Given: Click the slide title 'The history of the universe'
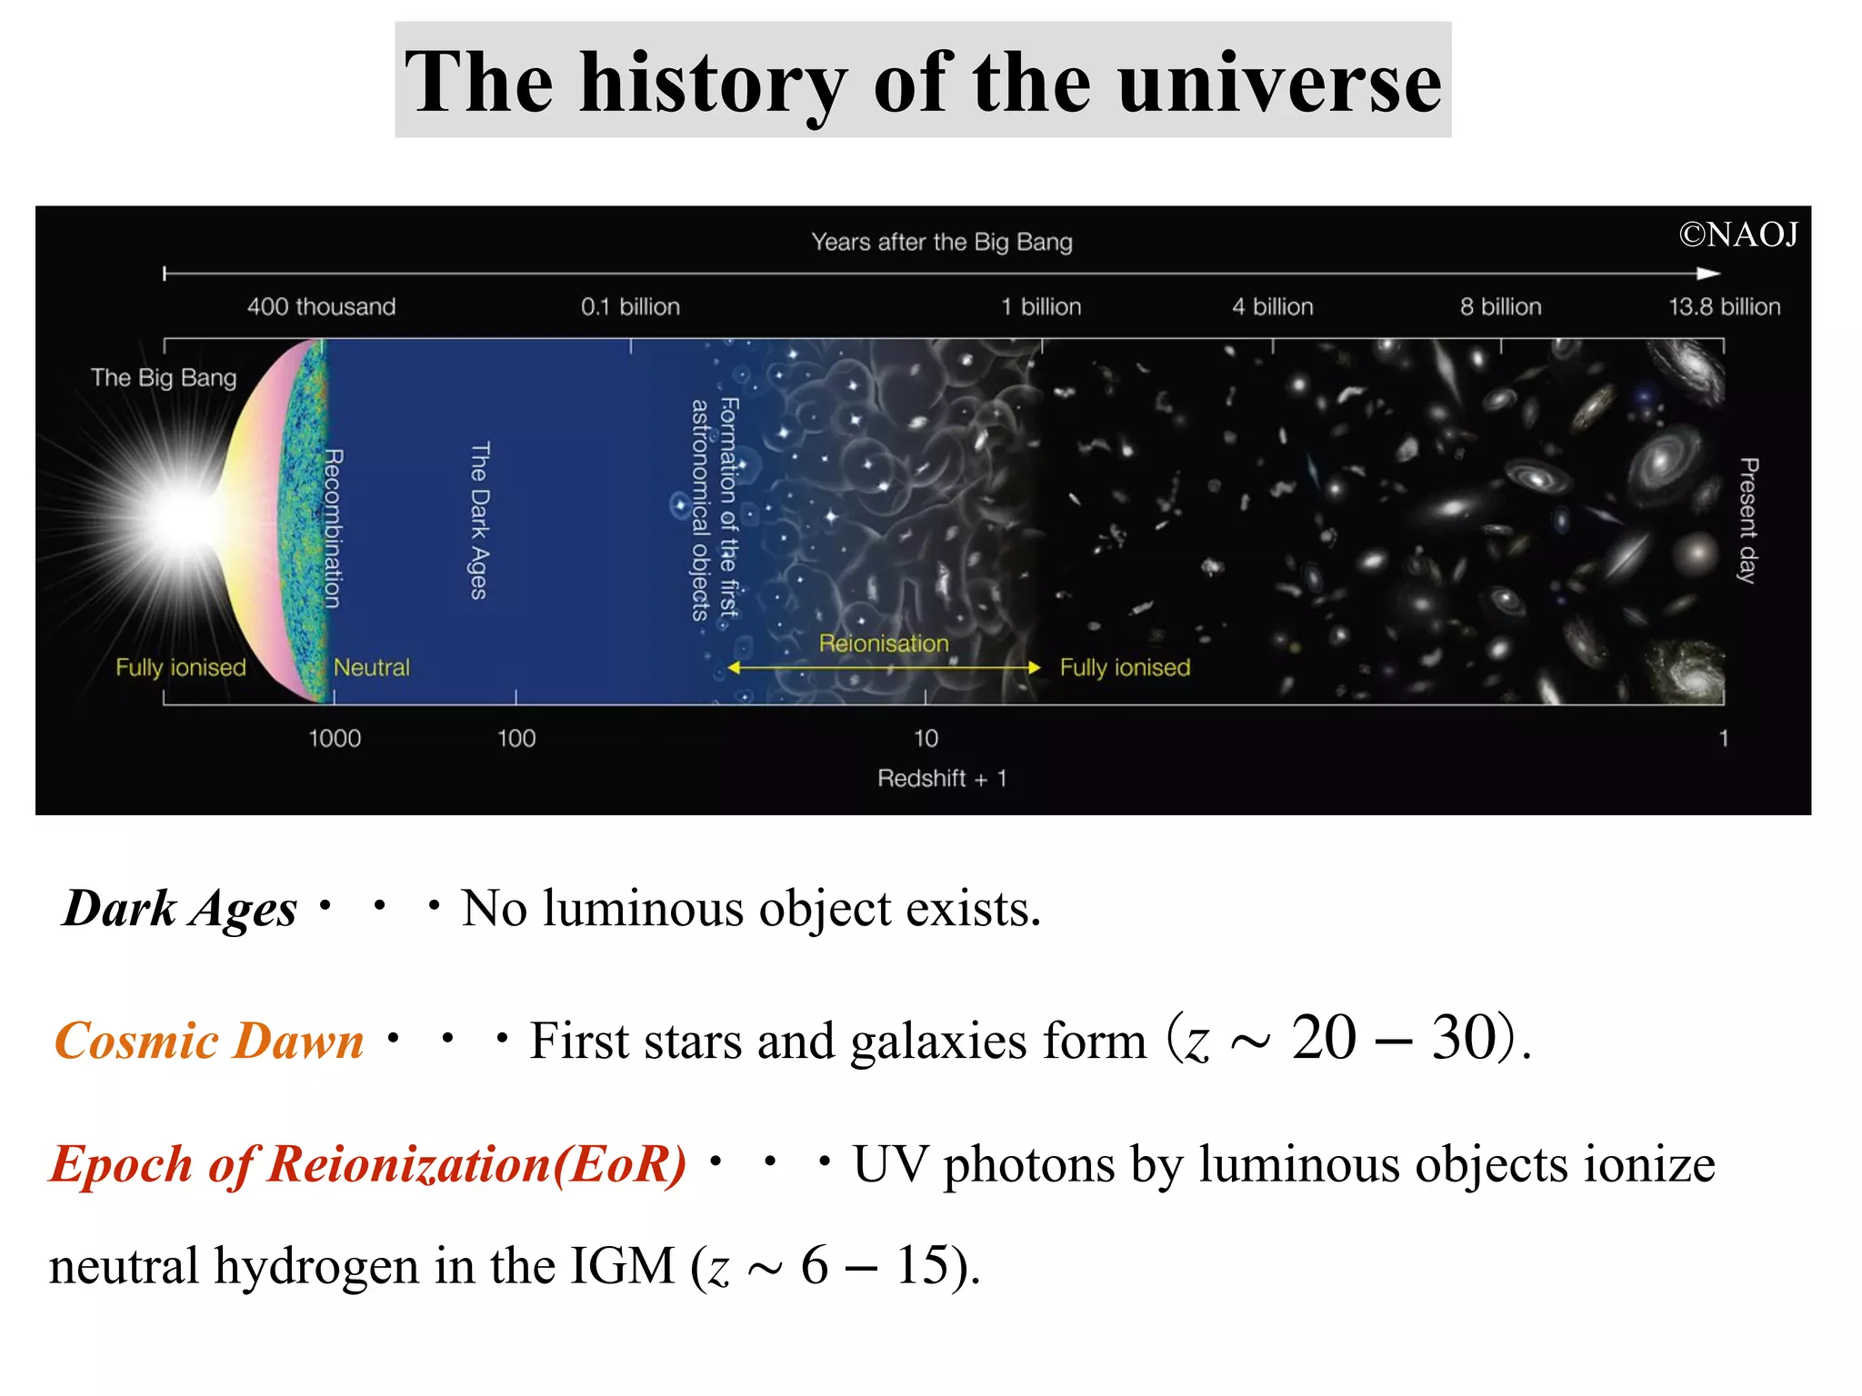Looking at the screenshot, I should tap(923, 82).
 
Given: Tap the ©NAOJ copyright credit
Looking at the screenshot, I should tap(1737, 234).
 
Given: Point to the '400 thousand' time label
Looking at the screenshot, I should tap(321, 306).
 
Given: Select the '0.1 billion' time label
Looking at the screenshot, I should tap(630, 306).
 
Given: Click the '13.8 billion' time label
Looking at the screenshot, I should tap(1724, 306).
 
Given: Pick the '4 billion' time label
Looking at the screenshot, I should tap(1272, 306).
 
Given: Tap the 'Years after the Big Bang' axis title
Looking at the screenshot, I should tap(942, 242).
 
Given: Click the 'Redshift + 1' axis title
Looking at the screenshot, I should tap(942, 778).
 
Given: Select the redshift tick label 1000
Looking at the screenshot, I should tap(335, 738).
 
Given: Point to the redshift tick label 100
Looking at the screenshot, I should tap(516, 738).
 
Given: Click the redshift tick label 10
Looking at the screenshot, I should tap(926, 738).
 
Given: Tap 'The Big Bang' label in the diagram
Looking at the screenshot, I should tap(164, 377).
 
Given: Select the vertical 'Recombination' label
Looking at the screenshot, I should tap(334, 528).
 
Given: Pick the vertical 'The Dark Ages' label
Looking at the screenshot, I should tap(479, 521).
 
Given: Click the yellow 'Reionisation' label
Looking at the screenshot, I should tap(884, 643).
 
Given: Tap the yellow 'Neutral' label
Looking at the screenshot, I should tap(371, 667).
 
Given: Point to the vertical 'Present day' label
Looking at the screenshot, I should tap(1747, 520).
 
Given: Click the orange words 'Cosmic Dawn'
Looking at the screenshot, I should tap(209, 1041).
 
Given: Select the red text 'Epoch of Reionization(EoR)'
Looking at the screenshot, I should tap(368, 1164).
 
